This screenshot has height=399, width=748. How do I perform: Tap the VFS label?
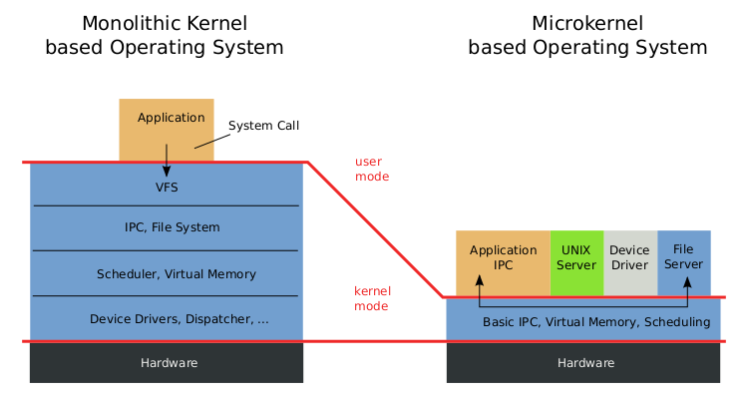pyautogui.click(x=167, y=188)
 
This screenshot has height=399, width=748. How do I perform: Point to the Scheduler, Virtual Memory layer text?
pyautogui.click(x=177, y=274)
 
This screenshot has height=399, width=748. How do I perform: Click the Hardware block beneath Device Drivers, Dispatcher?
pyautogui.click(x=167, y=363)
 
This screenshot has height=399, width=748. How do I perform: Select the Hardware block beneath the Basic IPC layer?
pyautogui.click(x=584, y=363)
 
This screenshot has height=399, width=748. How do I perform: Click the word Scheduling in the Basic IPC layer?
pyautogui.click(x=677, y=322)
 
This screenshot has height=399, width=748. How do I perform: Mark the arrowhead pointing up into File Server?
pyautogui.click(x=687, y=280)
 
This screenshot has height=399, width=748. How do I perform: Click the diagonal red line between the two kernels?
pyautogui.click(x=374, y=228)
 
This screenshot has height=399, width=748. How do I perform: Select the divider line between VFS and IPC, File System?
pyautogui.click(x=167, y=205)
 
